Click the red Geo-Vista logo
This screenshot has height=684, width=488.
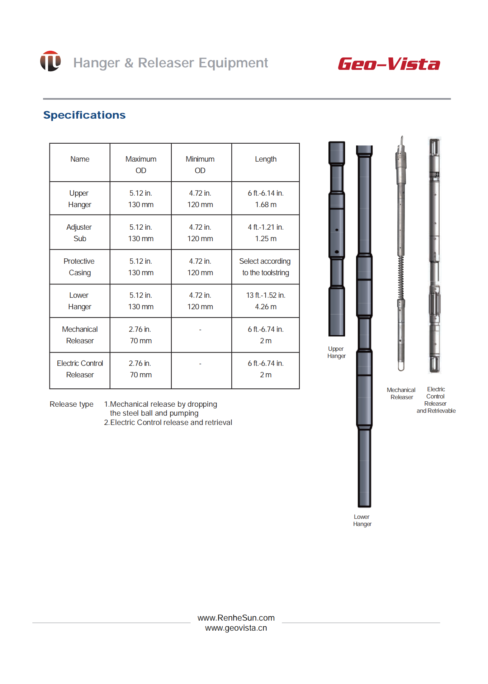coord(389,64)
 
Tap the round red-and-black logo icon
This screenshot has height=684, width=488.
coord(50,61)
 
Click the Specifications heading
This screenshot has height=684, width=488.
coord(84,115)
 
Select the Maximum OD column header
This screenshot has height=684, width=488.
coord(141,164)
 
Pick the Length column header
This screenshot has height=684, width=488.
coord(265,159)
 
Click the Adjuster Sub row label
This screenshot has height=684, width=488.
coord(79,233)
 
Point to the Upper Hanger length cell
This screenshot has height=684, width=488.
coord(265,198)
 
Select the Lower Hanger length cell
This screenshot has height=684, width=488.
coord(265,301)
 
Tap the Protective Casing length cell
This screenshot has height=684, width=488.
coord(265,267)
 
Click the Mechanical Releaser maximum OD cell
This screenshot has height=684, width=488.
coord(141,335)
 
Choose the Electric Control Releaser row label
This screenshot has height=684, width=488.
coord(80,369)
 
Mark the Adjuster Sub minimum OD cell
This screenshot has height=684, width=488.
coord(200,233)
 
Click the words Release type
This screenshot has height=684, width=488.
coord(71,404)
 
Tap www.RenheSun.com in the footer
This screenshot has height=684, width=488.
coord(236,618)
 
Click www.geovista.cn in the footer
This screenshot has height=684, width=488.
coord(236,628)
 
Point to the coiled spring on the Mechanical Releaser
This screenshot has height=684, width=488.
coord(401,278)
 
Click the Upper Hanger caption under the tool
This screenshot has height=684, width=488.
coord(336,352)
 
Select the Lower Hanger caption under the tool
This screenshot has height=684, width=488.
coord(362,520)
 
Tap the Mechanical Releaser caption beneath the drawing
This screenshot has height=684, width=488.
coord(401,393)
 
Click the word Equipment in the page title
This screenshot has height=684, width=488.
coord(233,63)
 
